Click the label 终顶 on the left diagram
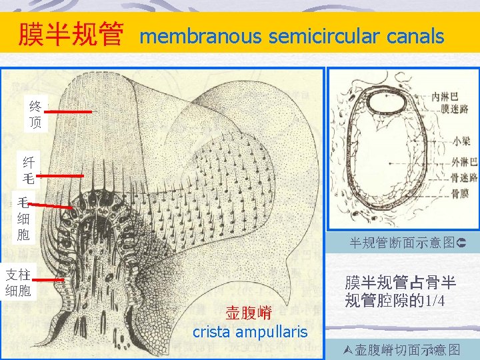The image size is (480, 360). tap(35, 114)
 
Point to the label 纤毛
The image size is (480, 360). tap(29, 169)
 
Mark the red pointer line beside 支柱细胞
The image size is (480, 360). tap(49, 281)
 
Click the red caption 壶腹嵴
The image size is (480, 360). tap(247, 313)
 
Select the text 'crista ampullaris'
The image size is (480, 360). tap(250, 331)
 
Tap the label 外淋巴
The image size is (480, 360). tap(464, 161)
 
